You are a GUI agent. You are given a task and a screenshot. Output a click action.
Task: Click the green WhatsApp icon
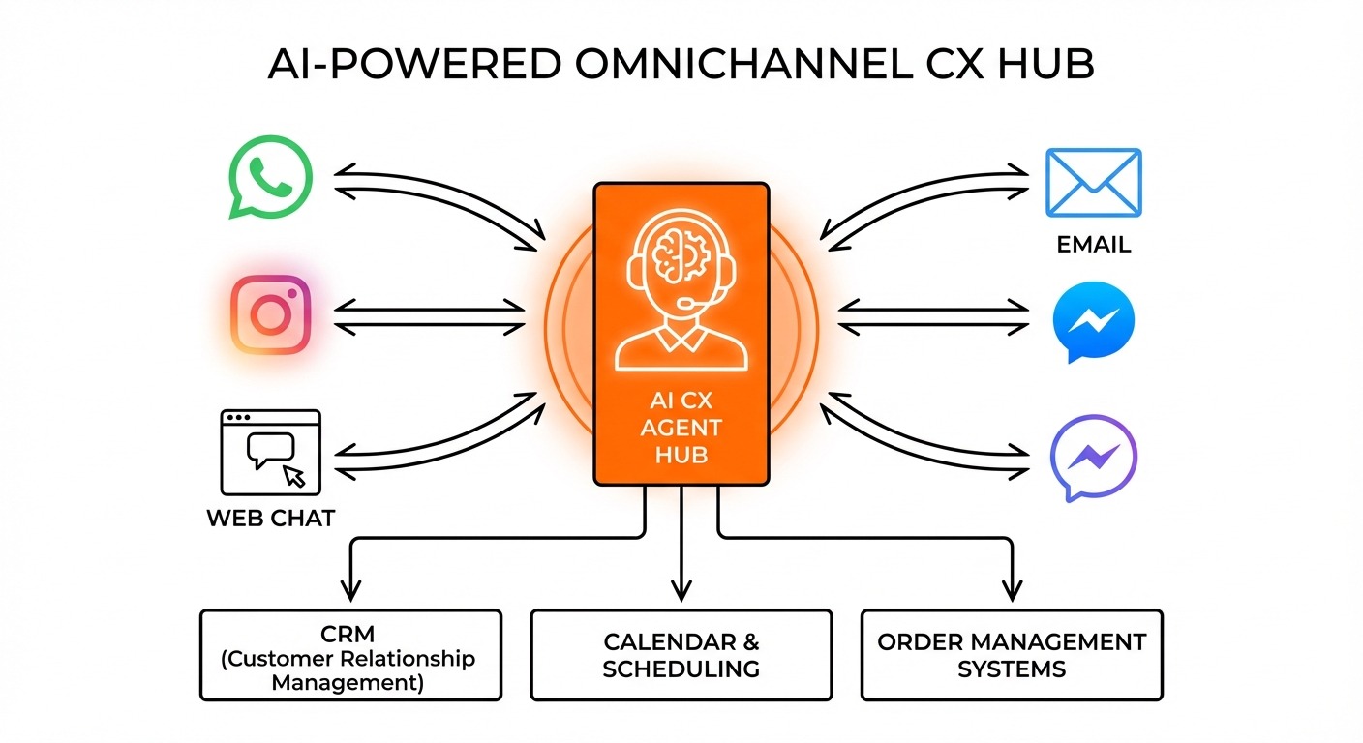pyautogui.click(x=270, y=178)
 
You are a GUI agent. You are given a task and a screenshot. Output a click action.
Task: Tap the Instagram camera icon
pyautogui.click(x=271, y=314)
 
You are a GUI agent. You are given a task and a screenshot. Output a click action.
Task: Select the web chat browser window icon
pyautogui.click(x=270, y=451)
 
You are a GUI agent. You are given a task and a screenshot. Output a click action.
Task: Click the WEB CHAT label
pyautogui.click(x=270, y=518)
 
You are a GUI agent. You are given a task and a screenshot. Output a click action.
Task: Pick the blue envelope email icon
pyautogui.click(x=1093, y=182)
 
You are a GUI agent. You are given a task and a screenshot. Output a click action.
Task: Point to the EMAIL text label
pyautogui.click(x=1093, y=244)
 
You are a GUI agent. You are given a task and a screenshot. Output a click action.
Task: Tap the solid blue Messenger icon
pyautogui.click(x=1093, y=320)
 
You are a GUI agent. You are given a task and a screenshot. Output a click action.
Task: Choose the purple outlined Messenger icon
pyautogui.click(x=1093, y=457)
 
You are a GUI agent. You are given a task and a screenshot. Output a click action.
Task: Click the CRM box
pyautogui.click(x=350, y=655)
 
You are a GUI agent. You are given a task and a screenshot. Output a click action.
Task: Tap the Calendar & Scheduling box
pyautogui.click(x=681, y=655)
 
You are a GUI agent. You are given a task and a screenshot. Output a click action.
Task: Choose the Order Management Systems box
pyautogui.click(x=1012, y=655)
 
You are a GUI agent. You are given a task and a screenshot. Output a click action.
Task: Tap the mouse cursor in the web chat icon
pyautogui.click(x=293, y=475)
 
